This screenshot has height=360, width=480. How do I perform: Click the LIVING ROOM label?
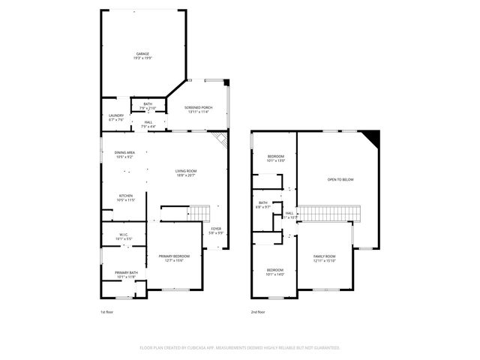click(186, 172)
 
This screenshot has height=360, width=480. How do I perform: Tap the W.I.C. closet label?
click(124, 236)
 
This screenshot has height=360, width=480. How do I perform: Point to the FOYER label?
click(216, 229)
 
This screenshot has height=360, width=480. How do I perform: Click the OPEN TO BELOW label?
click(340, 180)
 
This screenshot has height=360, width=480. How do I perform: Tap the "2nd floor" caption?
click(259, 312)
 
